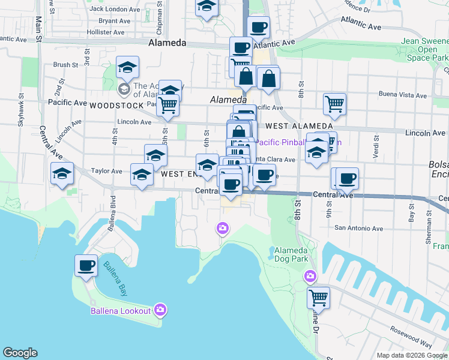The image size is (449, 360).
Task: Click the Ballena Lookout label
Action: tap(120, 310)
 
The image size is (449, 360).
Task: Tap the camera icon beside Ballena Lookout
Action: tap(160, 310)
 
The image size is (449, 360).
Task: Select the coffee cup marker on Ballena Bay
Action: tap(86, 265)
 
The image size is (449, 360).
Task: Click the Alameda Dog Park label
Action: tap(291, 254)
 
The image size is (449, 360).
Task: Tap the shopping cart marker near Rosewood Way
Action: tap(318, 296)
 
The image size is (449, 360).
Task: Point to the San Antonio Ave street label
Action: tap(358, 228)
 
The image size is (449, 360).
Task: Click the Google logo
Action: tap(20, 353)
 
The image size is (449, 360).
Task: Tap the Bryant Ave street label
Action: tap(115, 20)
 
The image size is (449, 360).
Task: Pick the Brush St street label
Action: tap(65, 65)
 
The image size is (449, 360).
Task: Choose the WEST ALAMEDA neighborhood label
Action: tap(295, 126)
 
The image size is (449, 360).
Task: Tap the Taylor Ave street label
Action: tap(106, 171)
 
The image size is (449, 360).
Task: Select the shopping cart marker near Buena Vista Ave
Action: tap(334, 103)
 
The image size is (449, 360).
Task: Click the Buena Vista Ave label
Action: tap(403, 95)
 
